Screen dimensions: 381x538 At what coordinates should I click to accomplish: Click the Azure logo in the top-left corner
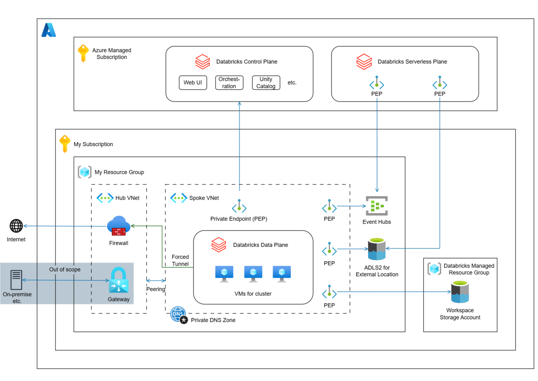48,30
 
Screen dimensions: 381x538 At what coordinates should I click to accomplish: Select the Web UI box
193,83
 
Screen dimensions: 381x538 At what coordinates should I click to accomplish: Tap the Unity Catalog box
266,83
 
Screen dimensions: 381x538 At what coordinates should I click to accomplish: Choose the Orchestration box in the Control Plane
229,83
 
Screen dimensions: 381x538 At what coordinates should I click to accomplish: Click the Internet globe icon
16,226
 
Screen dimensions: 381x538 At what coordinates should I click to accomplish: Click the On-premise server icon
16,280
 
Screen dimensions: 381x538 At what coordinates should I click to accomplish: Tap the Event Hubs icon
377,206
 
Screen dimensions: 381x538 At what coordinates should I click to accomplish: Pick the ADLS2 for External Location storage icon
377,249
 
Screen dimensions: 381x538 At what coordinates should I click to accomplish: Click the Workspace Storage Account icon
460,292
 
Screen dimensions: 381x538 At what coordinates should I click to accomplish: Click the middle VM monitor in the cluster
253,273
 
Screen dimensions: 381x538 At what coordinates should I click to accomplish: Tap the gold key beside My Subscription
65,144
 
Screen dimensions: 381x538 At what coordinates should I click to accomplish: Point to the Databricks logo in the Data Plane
219,245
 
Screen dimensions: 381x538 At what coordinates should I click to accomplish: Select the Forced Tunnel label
180,260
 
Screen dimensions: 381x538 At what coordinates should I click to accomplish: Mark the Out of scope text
65,269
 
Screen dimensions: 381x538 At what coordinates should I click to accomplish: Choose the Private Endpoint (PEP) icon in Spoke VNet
239,207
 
